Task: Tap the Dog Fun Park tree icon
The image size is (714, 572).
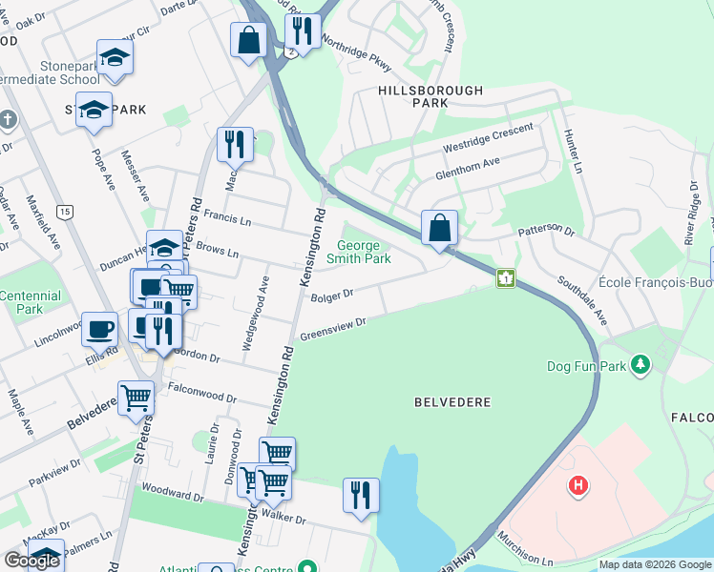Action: click(640, 365)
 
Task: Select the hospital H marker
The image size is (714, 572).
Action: click(577, 486)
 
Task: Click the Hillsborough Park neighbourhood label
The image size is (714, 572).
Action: click(430, 96)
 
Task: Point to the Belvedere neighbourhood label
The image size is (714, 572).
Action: click(452, 402)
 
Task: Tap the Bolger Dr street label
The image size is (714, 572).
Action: click(332, 295)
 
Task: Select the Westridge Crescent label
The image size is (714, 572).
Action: click(487, 140)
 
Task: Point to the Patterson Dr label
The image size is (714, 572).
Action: click(547, 231)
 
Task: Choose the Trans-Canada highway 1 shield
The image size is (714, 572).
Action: click(505, 278)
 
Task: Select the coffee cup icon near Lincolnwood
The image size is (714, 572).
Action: click(99, 328)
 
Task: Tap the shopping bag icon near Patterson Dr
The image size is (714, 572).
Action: click(439, 228)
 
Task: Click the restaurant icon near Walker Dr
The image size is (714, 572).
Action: click(361, 495)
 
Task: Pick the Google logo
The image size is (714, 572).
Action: click(32, 561)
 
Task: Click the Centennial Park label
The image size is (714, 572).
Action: click(30, 302)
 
